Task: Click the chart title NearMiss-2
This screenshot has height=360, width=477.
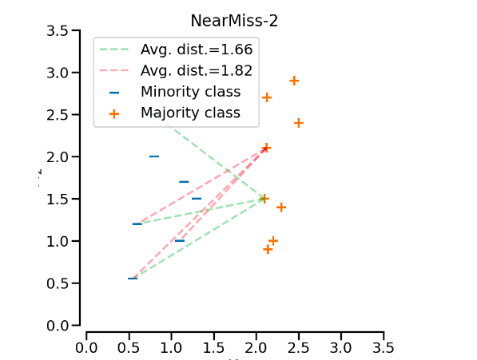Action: (234, 21)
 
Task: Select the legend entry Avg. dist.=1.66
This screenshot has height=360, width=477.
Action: (197, 49)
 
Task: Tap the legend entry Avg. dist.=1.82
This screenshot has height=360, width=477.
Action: (197, 71)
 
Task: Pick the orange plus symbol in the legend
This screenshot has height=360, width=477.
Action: (114, 113)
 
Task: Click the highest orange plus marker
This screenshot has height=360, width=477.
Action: (294, 81)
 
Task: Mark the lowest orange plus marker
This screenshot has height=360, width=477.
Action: (268, 249)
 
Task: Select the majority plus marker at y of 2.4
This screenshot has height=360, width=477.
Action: (298, 123)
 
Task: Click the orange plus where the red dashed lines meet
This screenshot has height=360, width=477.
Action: (266, 148)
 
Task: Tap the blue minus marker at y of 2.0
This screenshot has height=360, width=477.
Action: (154, 156)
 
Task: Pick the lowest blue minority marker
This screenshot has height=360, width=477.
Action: (133, 279)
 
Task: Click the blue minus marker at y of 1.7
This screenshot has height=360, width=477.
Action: (184, 182)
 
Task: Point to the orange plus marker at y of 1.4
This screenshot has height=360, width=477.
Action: (281, 207)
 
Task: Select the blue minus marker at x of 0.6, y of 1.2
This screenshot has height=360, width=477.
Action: (137, 224)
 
